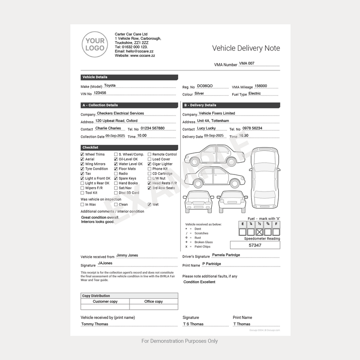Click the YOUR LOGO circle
click(x=94, y=45)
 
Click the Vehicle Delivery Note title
click(x=246, y=48)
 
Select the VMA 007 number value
click(x=246, y=63)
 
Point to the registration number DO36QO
click(x=205, y=86)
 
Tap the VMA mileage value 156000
click(x=261, y=86)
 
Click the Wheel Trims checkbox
click(x=82, y=154)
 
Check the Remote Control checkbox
click(x=150, y=154)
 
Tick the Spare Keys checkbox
click(x=116, y=178)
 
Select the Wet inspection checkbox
click(x=150, y=204)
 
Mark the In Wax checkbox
click(x=82, y=204)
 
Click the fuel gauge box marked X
click(x=259, y=232)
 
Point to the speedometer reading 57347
click(x=255, y=245)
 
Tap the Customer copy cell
click(x=105, y=301)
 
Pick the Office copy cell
click(x=154, y=301)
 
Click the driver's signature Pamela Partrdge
click(x=226, y=255)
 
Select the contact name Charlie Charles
click(x=108, y=129)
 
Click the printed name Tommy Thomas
click(x=94, y=324)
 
